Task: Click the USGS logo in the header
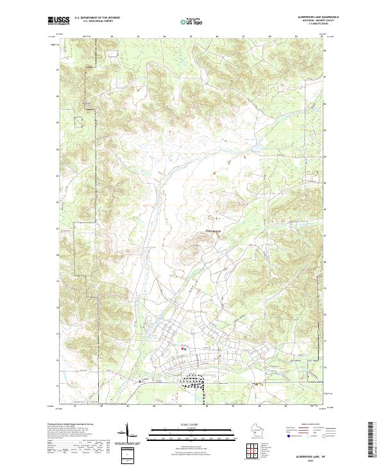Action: [58, 21]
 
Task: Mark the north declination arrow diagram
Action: [127, 433]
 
